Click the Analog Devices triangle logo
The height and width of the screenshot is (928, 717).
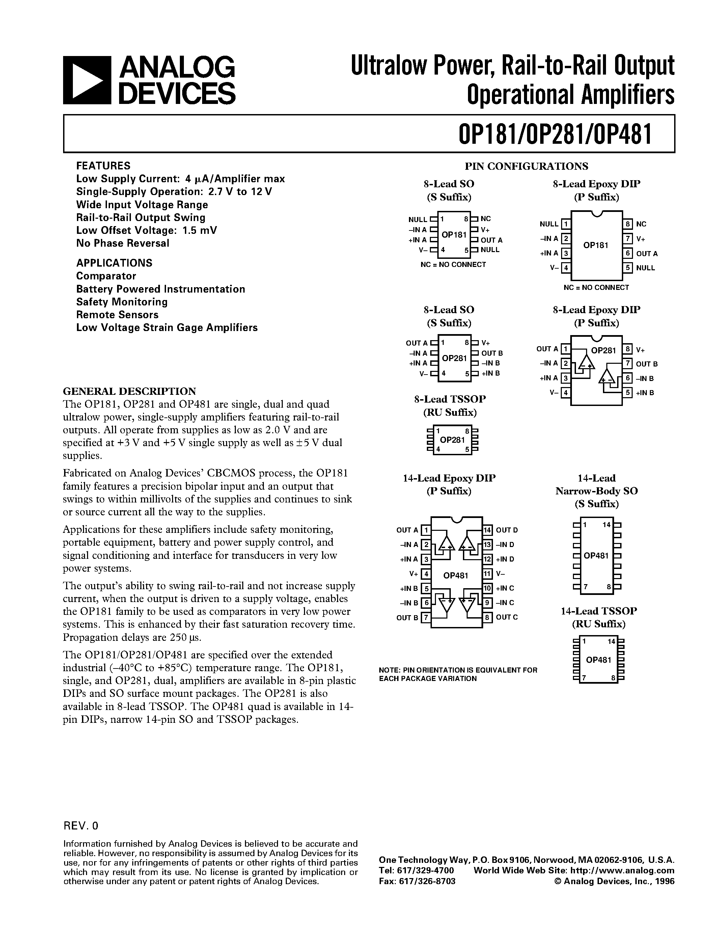(87, 80)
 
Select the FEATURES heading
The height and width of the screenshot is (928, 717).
(103, 166)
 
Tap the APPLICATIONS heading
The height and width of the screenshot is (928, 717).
(114, 263)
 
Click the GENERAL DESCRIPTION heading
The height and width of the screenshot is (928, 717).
(130, 391)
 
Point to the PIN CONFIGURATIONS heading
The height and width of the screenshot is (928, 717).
(526, 166)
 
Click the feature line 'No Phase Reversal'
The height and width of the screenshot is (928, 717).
(122, 243)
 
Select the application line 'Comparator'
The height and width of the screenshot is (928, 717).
(106, 276)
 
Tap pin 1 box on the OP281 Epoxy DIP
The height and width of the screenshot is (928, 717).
(566, 349)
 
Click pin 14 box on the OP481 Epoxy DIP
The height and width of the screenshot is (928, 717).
(487, 530)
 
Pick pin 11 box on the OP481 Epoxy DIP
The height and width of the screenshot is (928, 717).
(487, 574)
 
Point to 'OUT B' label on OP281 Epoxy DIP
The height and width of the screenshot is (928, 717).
(647, 364)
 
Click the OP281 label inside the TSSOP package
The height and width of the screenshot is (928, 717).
(452, 440)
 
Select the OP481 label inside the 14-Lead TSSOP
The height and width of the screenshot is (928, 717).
(599, 660)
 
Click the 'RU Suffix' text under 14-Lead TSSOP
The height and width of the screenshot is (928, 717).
(599, 624)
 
